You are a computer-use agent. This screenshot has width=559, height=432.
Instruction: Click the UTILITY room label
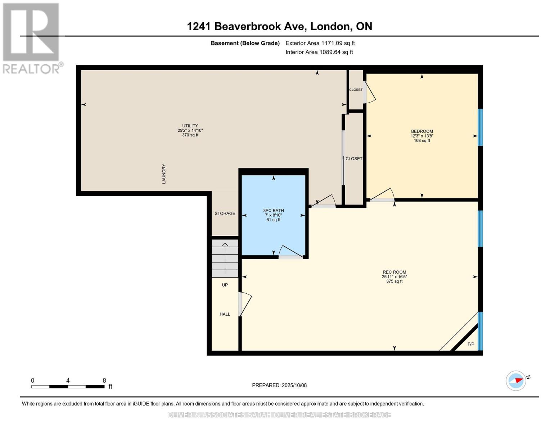(190, 126)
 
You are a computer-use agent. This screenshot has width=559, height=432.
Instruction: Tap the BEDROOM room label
(422, 131)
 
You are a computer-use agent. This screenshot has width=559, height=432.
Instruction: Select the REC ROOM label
(395, 272)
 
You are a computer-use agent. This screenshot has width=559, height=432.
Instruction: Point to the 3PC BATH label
(274, 211)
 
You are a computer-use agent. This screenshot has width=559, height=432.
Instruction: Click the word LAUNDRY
(164, 174)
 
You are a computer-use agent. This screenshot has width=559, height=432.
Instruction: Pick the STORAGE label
(225, 213)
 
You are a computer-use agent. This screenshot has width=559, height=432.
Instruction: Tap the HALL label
(225, 314)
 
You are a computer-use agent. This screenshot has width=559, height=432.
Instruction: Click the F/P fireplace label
(471, 344)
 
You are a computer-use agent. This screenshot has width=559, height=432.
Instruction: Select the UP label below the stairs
(225, 285)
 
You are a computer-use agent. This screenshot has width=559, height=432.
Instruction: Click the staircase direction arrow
(225, 258)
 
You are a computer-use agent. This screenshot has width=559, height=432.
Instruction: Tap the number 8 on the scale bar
(104, 380)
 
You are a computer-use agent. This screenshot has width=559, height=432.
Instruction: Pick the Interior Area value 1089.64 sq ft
(336, 52)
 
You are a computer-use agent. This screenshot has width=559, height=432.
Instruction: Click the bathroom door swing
(290, 252)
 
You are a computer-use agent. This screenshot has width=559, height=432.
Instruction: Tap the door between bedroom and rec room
(382, 195)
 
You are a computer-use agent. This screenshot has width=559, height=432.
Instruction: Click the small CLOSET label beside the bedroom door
(356, 90)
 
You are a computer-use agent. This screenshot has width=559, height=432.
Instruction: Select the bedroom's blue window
(480, 127)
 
